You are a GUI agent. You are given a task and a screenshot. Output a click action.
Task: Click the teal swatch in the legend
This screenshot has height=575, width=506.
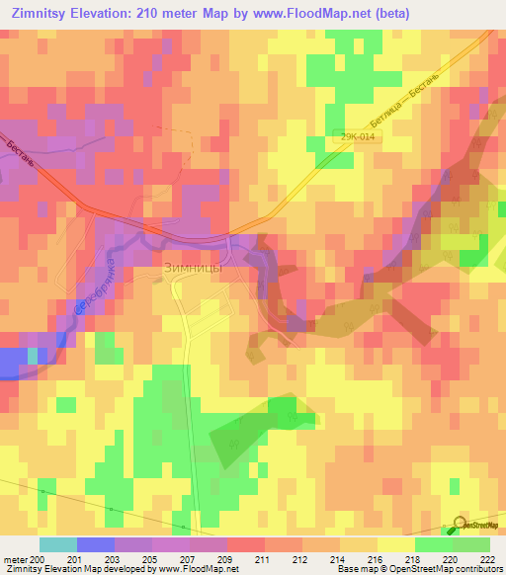[x=57, y=544]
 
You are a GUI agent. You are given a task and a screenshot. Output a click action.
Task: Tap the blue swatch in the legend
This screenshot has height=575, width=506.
[x=95, y=544]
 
